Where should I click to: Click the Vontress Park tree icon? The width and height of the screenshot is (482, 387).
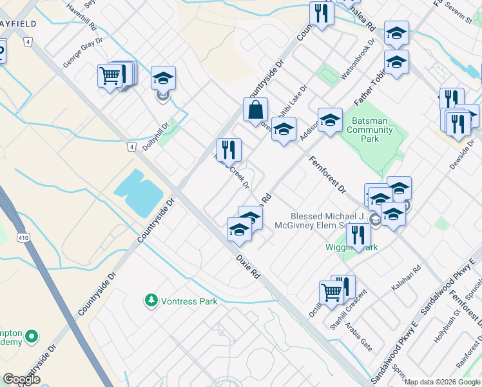click(151, 301)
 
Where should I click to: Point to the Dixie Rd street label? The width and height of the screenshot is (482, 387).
click(247, 266)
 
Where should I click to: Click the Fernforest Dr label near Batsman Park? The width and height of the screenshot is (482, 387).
click(327, 175)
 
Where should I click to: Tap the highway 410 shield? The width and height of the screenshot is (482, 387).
click(24, 238)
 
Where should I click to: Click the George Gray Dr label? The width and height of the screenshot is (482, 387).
click(83, 52)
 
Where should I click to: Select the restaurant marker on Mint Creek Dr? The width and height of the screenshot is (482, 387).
click(229, 150)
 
